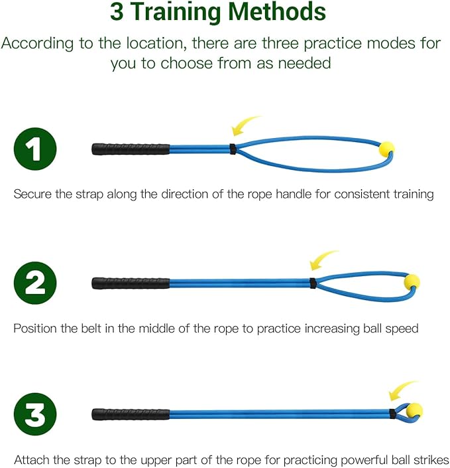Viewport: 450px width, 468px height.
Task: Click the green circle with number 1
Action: click(35, 149)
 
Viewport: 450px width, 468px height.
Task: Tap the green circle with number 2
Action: click(35, 283)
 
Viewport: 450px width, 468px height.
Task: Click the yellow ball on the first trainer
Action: click(386, 149)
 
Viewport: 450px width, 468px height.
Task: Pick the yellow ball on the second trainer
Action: click(412, 281)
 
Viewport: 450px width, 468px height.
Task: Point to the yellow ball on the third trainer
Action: click(414, 410)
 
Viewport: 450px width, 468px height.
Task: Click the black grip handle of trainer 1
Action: click(131, 149)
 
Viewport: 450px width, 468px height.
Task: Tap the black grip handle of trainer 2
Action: click(131, 283)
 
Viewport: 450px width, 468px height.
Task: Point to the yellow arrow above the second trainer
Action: click(324, 260)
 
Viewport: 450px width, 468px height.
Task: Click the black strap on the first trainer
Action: click(233, 149)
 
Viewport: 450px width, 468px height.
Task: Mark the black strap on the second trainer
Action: click(312, 283)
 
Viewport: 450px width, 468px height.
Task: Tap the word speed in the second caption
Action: click(402, 329)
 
